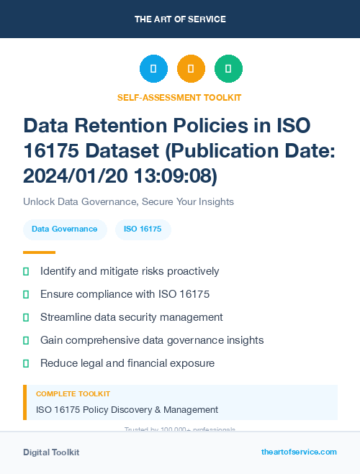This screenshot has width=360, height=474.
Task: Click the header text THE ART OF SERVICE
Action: pos(180,19)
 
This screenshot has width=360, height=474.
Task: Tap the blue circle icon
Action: pos(153,69)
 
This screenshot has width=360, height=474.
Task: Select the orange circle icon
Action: pos(191,69)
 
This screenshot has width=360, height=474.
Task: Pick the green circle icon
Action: pos(228,69)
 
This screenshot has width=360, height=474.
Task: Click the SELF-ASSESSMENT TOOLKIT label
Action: pos(179,97)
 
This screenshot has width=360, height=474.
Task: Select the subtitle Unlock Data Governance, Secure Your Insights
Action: pos(128,201)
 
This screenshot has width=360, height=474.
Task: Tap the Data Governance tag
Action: pos(65,229)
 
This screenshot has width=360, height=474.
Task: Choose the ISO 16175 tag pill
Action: pos(143,229)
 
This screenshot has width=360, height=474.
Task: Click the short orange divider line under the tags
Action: pos(39,252)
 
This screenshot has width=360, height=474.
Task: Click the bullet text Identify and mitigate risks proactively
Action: pos(130,271)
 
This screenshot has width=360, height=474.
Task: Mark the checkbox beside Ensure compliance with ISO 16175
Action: pos(26,294)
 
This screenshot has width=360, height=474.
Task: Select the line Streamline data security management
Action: pos(131,317)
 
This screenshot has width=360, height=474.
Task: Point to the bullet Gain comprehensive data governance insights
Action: pos(152,340)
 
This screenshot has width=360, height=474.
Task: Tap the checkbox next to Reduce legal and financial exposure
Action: pos(26,363)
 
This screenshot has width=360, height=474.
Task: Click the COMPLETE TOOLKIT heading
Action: pos(73,394)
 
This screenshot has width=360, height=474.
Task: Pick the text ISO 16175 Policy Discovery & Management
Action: pos(127,410)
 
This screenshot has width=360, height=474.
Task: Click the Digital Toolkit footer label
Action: pos(51,452)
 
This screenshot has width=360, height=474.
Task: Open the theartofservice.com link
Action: pos(299,452)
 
